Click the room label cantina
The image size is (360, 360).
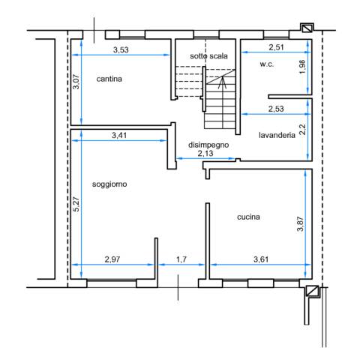click(x=109, y=79)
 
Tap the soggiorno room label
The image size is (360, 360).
click(x=109, y=184)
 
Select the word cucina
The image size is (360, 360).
click(x=248, y=217)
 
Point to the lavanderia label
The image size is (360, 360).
click(x=277, y=135)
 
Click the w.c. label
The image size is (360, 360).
click(x=267, y=64)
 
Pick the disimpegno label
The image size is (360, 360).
click(x=208, y=145)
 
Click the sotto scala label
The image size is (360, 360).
click(x=208, y=56)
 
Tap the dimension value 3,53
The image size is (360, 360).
click(x=121, y=50)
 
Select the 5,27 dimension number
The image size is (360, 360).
click(x=76, y=204)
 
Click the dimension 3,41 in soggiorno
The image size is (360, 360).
click(x=119, y=136)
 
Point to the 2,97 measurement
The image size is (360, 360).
click(x=112, y=259)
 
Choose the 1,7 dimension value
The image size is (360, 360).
click(x=181, y=259)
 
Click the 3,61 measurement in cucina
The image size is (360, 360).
click(x=261, y=259)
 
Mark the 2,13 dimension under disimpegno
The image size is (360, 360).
click(x=205, y=153)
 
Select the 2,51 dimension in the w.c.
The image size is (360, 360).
click(x=277, y=47)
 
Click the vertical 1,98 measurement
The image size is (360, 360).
click(x=302, y=67)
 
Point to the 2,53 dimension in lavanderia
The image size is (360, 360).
click(x=276, y=109)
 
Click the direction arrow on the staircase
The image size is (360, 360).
click(x=222, y=82)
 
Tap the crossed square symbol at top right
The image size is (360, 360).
click(x=307, y=28)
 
